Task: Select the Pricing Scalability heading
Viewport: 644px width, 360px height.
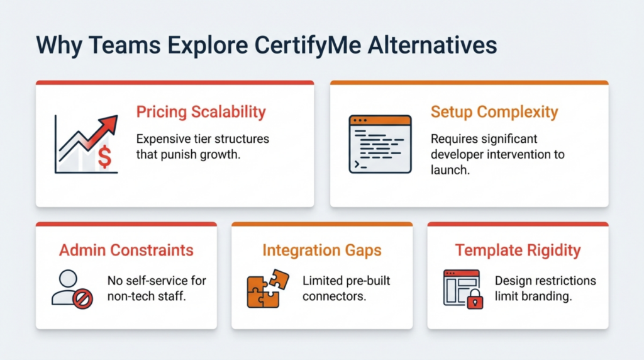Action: (x=201, y=113)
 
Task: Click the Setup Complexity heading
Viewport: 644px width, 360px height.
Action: (x=494, y=113)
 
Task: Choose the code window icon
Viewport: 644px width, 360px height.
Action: (x=380, y=143)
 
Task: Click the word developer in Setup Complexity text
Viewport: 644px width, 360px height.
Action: (x=461, y=154)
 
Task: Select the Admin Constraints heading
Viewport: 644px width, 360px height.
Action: (x=126, y=250)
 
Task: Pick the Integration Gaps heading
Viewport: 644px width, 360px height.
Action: (x=321, y=250)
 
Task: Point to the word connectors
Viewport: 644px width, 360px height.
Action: (x=334, y=296)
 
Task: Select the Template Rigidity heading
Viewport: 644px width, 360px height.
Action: (x=518, y=250)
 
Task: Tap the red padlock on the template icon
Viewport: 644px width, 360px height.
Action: (x=474, y=300)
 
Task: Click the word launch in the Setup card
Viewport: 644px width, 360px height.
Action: (x=450, y=170)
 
